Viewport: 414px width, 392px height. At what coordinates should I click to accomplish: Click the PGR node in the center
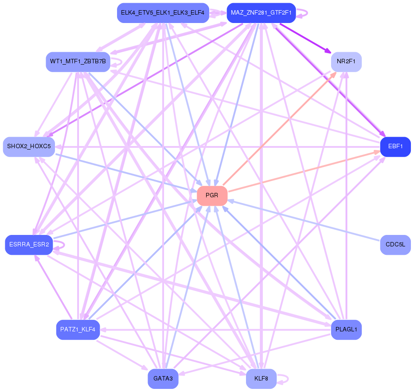pos(212,196)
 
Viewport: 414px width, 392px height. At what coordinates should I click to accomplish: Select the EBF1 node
pos(395,147)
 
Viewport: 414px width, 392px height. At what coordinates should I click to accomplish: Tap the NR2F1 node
pos(346,61)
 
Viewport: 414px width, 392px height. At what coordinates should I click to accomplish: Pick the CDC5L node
pos(395,245)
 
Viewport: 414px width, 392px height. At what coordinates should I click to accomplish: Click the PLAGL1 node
pos(346,330)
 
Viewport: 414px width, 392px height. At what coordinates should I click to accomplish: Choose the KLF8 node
pos(261,379)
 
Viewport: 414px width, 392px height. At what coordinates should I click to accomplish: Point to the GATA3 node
pos(163,379)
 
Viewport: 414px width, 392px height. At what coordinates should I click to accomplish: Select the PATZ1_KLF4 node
pos(78,330)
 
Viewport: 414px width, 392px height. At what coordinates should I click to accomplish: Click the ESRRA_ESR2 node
pos(29,245)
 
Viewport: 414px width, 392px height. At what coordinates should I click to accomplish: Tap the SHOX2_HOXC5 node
pos(29,146)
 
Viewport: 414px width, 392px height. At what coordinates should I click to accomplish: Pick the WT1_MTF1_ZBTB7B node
pos(78,61)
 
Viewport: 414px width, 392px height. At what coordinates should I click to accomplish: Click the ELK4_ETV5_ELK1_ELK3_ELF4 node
pos(163,13)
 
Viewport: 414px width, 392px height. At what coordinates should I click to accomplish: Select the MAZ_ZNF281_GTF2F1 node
pos(261,13)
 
